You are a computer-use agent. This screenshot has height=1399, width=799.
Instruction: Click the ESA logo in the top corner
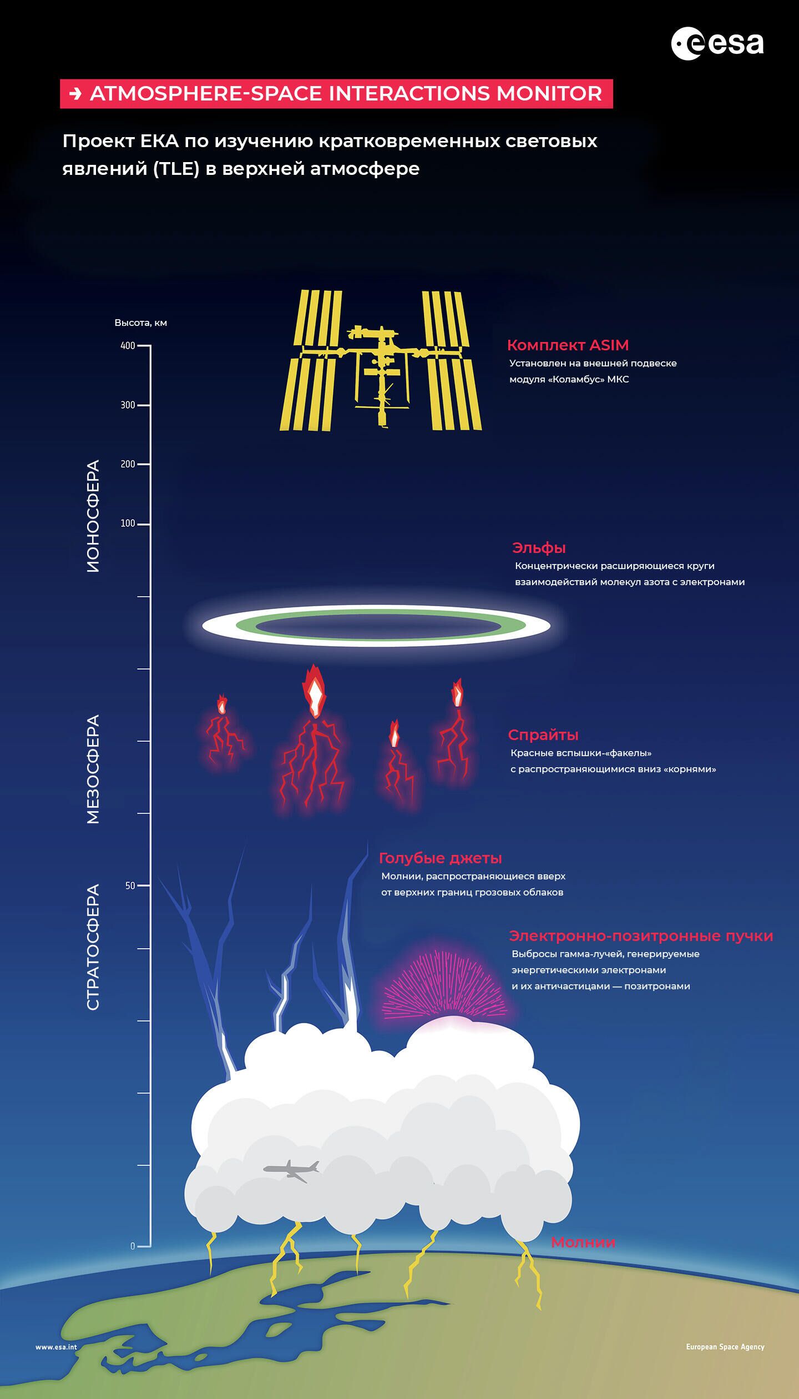717,44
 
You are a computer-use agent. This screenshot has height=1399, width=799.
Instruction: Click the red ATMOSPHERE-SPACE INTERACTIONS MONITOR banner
336,94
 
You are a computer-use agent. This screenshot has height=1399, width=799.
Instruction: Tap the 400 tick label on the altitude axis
128,346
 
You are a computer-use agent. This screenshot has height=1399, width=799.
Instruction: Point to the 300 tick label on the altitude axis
128,405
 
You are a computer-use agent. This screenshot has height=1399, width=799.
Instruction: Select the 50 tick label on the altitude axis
130,885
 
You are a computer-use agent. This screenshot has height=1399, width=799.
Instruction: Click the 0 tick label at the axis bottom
133,1246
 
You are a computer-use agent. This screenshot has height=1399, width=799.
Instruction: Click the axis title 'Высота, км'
140,323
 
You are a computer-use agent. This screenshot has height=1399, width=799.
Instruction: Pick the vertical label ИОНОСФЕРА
93,516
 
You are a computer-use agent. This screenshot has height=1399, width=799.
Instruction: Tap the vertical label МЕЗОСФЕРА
93,769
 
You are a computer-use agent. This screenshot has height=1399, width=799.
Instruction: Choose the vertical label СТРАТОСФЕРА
93,947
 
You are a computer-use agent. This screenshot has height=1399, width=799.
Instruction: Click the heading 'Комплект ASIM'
568,345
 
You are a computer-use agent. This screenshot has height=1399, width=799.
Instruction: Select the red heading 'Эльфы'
539,548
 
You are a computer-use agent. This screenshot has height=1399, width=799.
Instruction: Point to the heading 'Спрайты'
543,735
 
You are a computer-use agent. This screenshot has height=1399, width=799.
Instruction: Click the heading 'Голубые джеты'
440,858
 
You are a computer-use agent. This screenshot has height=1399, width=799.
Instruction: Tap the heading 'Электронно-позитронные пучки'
641,936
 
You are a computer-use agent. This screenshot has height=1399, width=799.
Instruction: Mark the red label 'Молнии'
583,1242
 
